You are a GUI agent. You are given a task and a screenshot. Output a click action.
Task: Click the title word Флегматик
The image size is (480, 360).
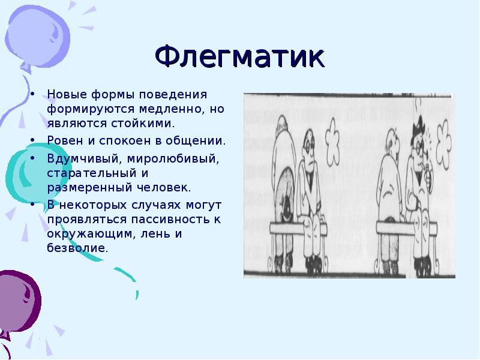point(239,57)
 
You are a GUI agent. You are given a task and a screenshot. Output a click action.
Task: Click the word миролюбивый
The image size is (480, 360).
point(173,159)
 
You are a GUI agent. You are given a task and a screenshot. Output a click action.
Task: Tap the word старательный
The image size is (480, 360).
point(92,173)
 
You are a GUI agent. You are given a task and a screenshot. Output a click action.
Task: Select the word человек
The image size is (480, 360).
point(164,187)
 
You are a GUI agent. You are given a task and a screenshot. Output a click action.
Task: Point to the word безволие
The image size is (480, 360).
point(77,248)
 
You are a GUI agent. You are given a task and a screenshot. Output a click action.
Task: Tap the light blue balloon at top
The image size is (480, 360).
point(37,36)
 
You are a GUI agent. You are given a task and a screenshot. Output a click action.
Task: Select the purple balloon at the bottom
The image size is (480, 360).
point(19,303)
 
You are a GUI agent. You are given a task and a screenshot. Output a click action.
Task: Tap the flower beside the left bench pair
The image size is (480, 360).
point(332,142)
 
